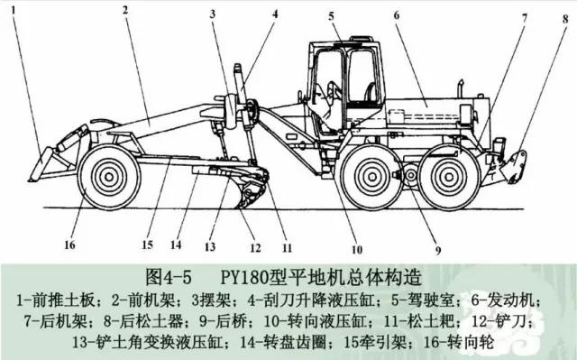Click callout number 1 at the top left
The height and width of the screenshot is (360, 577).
pos(14,10)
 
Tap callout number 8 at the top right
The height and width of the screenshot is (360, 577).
pos(565,18)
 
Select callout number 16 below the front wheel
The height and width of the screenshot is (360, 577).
pos(69,245)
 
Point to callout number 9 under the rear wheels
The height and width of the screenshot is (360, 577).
pos(438,251)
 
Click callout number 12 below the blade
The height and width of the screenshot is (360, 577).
pos(255,248)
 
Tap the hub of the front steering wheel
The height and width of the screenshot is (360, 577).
pos(109,177)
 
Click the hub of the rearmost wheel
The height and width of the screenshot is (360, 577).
pos(449,177)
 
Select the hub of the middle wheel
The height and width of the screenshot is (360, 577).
pos(371,177)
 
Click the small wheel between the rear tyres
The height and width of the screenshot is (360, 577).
pos(410,175)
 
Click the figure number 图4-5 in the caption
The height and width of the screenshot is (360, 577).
pos(169,277)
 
